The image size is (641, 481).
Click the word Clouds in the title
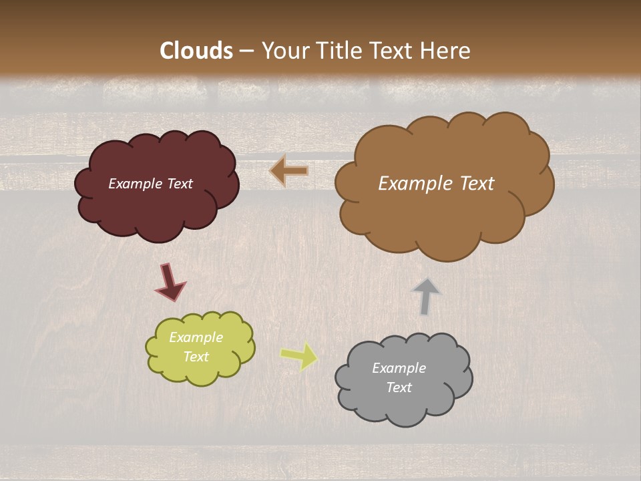(196, 51)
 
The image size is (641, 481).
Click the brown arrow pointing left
(289, 171)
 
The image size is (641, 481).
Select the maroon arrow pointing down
(170, 281)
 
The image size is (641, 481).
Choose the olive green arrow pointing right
(299, 356)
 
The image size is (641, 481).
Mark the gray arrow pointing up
(426, 296)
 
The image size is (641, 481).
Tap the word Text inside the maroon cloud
(180, 184)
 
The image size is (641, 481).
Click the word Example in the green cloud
(196, 337)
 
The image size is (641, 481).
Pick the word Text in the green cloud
(196, 357)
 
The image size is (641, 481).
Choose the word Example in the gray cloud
(399, 368)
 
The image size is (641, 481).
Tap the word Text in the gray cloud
(399, 387)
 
